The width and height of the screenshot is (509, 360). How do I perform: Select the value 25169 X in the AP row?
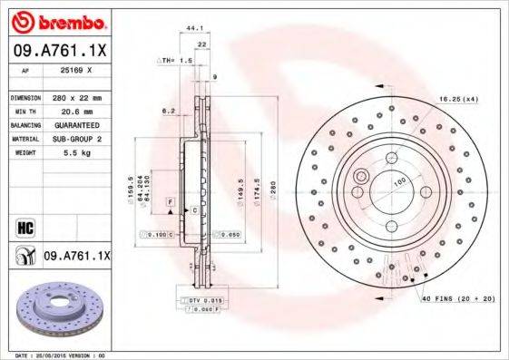76,69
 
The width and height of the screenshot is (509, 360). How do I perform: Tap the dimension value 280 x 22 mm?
76,96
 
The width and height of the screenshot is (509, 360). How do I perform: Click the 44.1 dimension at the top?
192,28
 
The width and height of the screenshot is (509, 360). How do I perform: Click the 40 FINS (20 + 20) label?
456,297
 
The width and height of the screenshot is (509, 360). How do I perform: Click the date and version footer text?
54,355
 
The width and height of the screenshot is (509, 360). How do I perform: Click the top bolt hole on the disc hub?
392,153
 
